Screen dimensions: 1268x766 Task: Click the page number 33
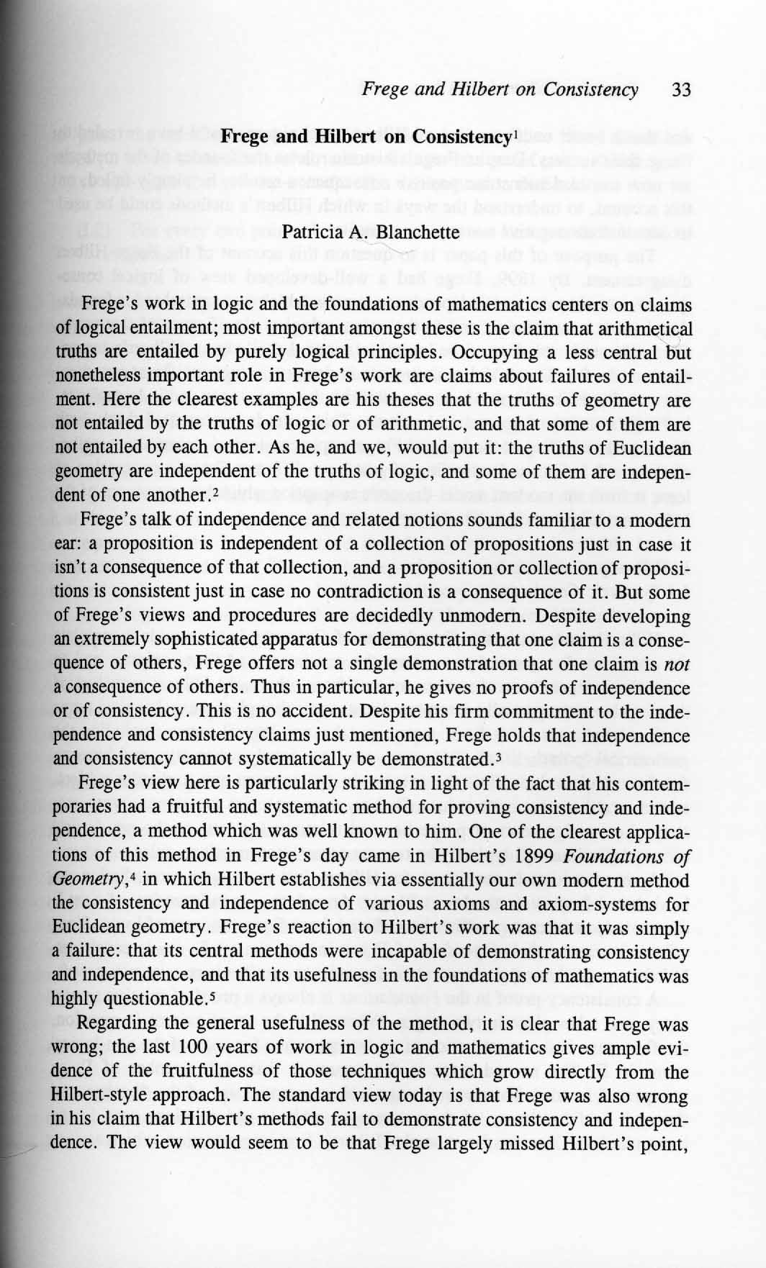680,90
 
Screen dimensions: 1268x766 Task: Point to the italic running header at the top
500,90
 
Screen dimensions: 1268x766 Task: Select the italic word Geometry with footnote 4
78,880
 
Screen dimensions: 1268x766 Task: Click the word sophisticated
186,640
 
